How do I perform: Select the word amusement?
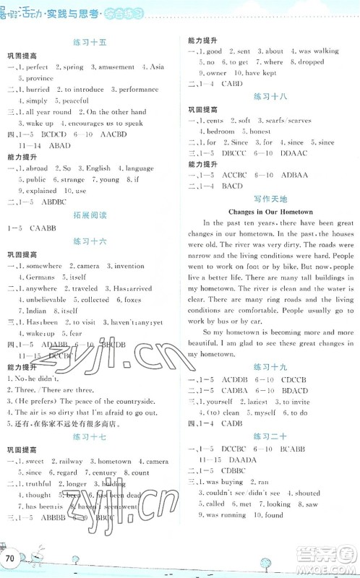click(x=113, y=67)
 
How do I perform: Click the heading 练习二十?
click(x=270, y=436)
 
